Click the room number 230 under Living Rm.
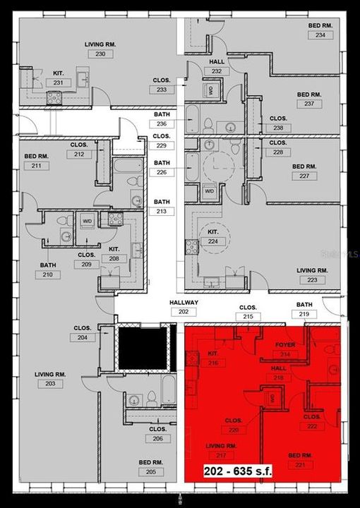pos(100,54)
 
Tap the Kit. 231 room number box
pos(58,83)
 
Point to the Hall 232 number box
pos(217,71)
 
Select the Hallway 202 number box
pos(184,312)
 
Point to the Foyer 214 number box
pos(285,354)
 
